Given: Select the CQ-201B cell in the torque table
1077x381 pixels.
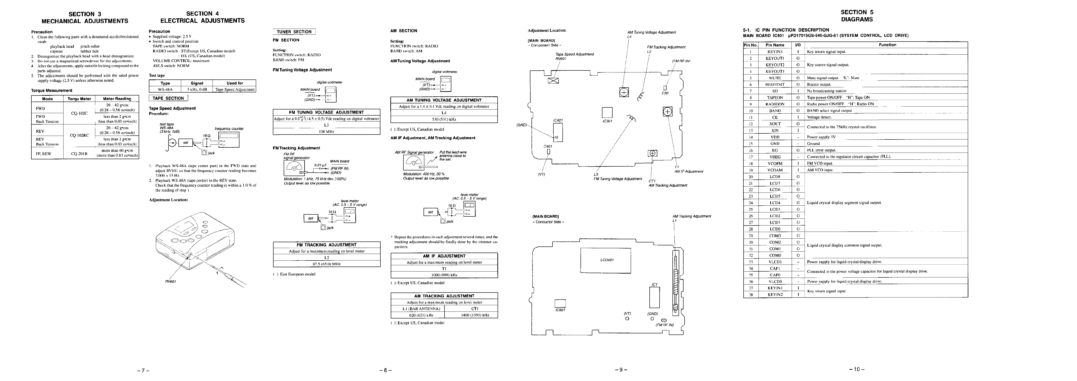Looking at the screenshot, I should pyautogui.click(x=79, y=153).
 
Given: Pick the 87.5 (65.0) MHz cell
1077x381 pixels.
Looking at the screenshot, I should pyautogui.click(x=327, y=264).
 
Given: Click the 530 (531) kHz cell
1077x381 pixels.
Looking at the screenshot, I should pyautogui.click(x=444, y=119).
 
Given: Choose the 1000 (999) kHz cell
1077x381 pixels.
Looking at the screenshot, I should pyautogui.click(x=444, y=275).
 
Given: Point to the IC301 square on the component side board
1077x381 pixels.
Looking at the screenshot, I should pyautogui.click(x=607, y=113).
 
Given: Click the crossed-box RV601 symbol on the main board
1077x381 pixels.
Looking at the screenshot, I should pyautogui.click(x=553, y=81).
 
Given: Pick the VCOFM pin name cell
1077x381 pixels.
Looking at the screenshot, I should pyautogui.click(x=775, y=163).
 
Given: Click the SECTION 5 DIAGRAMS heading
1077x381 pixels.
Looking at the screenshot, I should pyautogui.click(x=857, y=16).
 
